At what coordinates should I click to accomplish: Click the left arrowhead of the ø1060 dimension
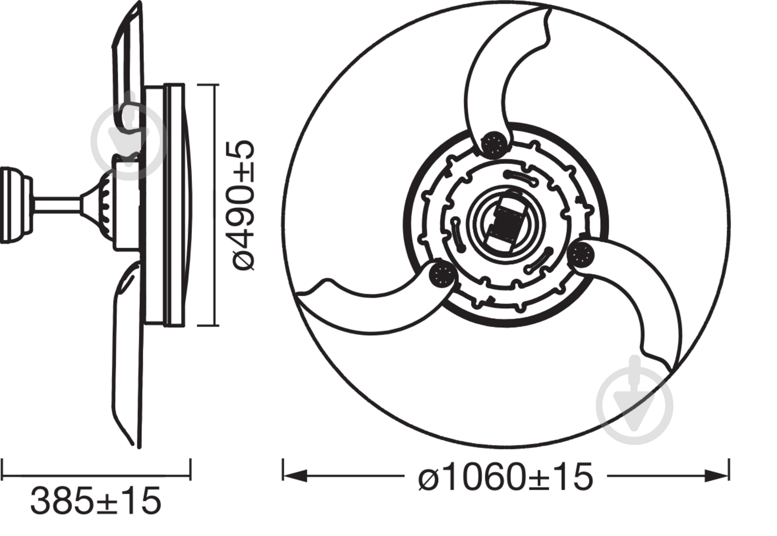tap(296, 476)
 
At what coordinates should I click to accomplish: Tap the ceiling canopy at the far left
tap(13, 205)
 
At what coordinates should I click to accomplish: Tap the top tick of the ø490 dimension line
tap(208, 85)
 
